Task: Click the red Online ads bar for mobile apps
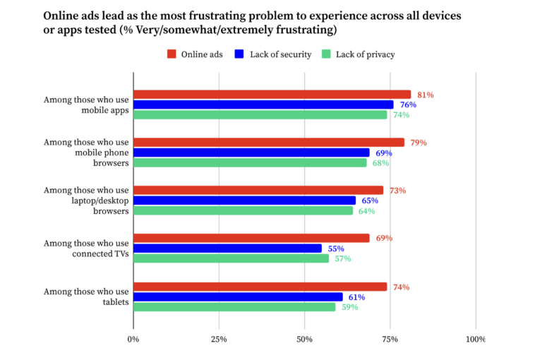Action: pos(272,95)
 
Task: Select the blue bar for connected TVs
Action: pos(227,248)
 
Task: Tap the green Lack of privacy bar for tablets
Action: pos(234,307)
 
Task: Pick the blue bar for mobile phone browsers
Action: pos(251,152)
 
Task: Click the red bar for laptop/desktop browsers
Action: pos(258,191)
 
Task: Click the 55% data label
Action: pos(336,248)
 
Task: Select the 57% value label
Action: pos(342,259)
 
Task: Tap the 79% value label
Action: pos(418,143)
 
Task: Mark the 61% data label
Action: pos(356,297)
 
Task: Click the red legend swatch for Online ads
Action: pos(172,54)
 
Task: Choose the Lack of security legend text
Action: pos(280,54)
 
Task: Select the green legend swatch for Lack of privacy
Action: pos(326,54)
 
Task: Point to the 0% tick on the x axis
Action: pos(133,340)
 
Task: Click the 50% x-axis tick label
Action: pos(304,340)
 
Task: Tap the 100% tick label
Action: pos(475,340)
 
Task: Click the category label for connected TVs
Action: pos(86,248)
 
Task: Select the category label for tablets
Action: pos(86,297)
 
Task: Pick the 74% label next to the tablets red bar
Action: pos(400,287)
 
